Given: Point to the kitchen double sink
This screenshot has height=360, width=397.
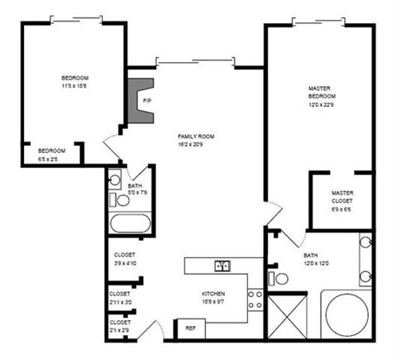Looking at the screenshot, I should (x=222, y=266).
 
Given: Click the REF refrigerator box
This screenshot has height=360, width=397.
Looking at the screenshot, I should (x=189, y=328).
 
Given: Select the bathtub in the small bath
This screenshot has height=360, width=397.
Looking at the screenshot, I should (x=131, y=224).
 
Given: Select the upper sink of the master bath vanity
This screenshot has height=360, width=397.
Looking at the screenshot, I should (x=365, y=244).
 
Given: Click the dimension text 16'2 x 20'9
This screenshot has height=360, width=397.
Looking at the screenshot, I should (x=195, y=144).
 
